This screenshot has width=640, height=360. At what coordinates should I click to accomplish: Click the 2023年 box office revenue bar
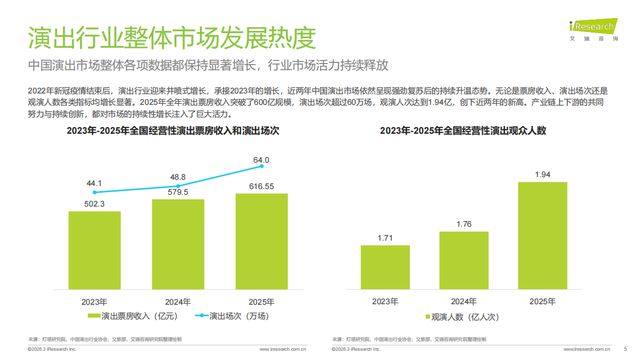[x=94, y=250]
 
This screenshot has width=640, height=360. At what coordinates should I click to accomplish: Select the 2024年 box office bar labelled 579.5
[x=178, y=244]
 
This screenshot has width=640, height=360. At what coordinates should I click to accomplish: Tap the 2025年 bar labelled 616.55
[x=262, y=241]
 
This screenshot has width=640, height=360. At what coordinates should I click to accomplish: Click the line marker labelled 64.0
[x=262, y=166]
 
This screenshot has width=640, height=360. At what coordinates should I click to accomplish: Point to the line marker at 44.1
[x=94, y=192]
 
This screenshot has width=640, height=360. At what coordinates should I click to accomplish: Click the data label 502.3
[x=94, y=204]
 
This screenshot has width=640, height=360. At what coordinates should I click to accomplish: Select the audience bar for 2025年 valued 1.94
[x=542, y=235]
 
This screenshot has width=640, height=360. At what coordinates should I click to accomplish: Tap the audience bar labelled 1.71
[x=385, y=267]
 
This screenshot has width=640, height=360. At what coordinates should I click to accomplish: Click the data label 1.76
[x=464, y=224]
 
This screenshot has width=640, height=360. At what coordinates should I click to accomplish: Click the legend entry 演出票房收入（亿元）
[x=133, y=316]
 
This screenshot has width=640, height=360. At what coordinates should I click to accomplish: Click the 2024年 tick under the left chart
[x=178, y=302]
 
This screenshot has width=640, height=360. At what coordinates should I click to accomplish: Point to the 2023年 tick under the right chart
[x=385, y=301]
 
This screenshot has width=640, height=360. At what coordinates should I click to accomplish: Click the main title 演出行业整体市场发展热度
[x=171, y=38]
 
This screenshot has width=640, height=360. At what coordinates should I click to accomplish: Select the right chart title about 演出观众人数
[x=463, y=131]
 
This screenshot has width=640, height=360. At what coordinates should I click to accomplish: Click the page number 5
[x=626, y=349]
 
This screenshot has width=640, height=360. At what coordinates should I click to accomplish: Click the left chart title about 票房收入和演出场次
[x=173, y=131]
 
